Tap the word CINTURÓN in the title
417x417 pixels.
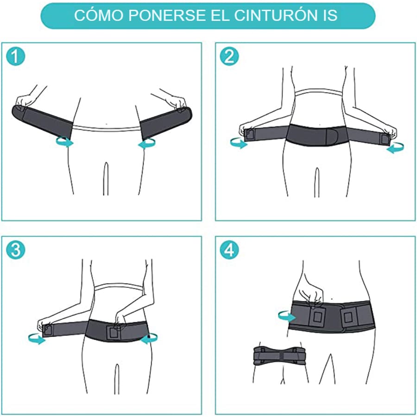(275, 16)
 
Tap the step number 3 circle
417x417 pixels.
(15, 250)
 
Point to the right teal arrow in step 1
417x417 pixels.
(147, 145)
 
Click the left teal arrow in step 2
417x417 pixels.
(239, 144)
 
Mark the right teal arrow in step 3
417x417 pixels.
(150, 340)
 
